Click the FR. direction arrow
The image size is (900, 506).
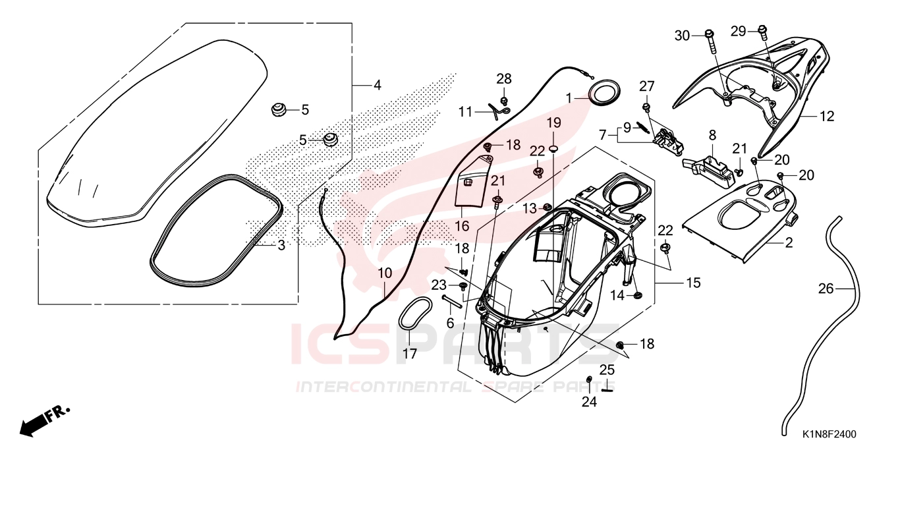click(44, 421)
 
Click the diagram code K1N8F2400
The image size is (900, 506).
click(830, 434)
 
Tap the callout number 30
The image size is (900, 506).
click(682, 36)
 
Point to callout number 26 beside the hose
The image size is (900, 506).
click(826, 289)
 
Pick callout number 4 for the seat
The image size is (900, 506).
click(378, 85)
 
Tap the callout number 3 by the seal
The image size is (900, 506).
click(281, 244)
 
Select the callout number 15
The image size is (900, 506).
click(694, 283)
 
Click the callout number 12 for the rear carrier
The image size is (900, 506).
click(827, 117)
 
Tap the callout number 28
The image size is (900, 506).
click(504, 79)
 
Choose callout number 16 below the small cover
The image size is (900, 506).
click(462, 226)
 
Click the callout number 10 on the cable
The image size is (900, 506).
click(385, 273)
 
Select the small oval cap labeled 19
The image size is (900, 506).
click(553, 150)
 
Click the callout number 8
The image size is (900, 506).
click(712, 135)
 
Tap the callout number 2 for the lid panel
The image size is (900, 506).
click(789, 242)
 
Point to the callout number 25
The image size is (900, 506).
click(607, 370)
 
